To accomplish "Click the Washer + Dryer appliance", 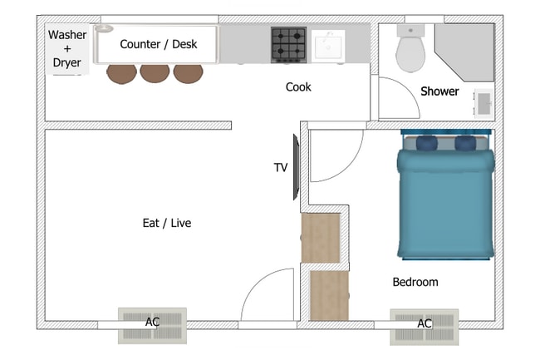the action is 67,49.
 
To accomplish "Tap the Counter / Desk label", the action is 159,44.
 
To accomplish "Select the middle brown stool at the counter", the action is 155,73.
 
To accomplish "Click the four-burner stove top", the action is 288,45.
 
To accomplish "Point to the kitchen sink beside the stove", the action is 328,46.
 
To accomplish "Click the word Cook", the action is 298,86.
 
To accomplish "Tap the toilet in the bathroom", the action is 410,48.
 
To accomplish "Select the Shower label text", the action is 439,91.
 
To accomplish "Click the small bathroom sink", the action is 484,103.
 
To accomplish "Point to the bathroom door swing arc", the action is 409,89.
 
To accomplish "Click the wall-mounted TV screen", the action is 296,167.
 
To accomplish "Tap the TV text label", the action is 281,168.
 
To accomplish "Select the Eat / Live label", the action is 167,224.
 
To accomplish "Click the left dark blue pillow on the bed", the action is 427,143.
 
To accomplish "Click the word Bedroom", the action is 415,282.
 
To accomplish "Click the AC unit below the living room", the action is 153,326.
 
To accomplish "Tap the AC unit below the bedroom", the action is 425,327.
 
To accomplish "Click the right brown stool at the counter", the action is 188,73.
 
